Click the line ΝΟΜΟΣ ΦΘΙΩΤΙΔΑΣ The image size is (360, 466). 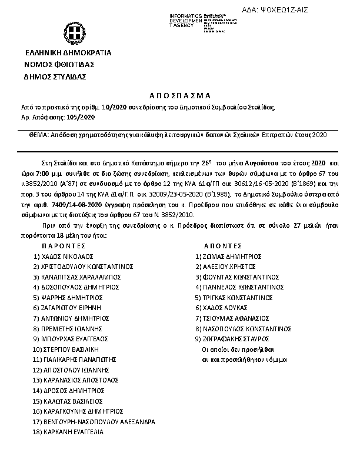click(59, 64)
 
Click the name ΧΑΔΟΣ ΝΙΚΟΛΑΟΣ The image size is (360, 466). click(68, 257)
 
